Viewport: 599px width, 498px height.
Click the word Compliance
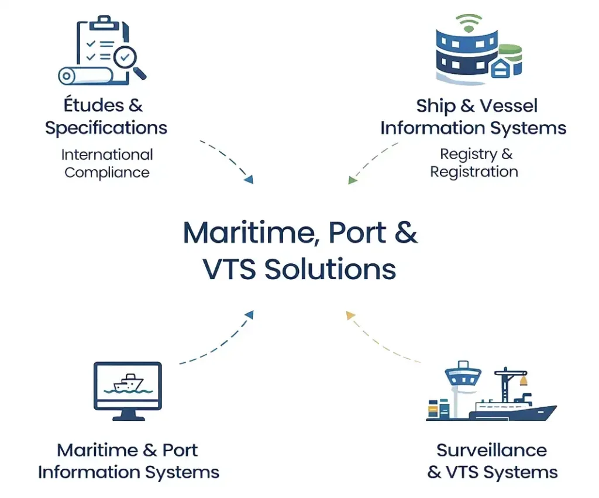107,173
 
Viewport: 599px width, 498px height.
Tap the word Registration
474,171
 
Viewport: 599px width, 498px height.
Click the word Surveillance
491,450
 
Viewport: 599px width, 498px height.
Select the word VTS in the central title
229,269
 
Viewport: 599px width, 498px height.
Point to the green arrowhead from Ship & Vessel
352,180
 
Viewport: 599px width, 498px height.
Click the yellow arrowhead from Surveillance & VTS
350,316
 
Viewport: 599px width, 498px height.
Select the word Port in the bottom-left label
180,450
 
